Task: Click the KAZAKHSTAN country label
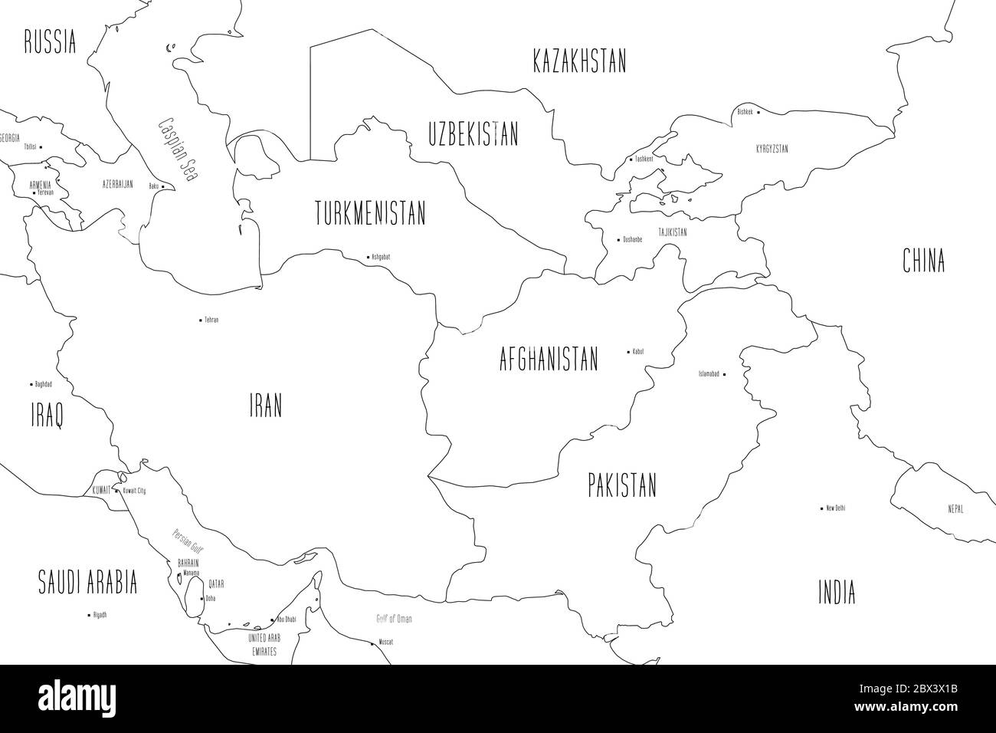pyautogui.click(x=579, y=61)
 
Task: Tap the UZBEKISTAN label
pyautogui.click(x=473, y=135)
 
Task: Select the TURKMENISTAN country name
pyautogui.click(x=370, y=213)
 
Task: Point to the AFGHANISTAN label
pyautogui.click(x=548, y=359)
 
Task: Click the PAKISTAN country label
pyautogui.click(x=622, y=485)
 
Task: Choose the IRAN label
pyautogui.click(x=265, y=406)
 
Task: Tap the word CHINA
pyautogui.click(x=923, y=261)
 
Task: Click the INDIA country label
pyautogui.click(x=837, y=593)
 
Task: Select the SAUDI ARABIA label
pyautogui.click(x=88, y=583)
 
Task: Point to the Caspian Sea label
pyautogui.click(x=177, y=148)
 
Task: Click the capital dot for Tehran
pyautogui.click(x=201, y=319)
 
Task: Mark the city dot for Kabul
pyautogui.click(x=629, y=352)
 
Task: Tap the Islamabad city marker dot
pyautogui.click(x=724, y=374)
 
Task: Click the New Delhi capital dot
pyautogui.click(x=821, y=508)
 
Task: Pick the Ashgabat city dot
pyautogui.click(x=367, y=256)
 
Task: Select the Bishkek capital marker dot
pyautogui.click(x=758, y=112)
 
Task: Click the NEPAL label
pyautogui.click(x=955, y=509)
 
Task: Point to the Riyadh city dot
pyautogui.click(x=88, y=614)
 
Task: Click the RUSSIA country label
pyautogui.click(x=50, y=41)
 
